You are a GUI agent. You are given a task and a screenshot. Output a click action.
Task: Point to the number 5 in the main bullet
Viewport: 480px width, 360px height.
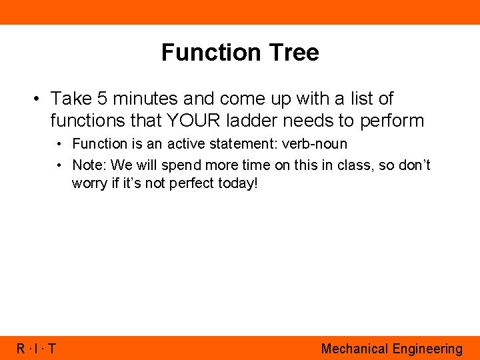pos(101,99)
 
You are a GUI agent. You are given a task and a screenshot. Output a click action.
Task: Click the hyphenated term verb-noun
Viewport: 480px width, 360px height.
pos(317,144)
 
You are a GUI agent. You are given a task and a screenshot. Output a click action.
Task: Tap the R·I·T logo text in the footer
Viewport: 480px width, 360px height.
pos(37,349)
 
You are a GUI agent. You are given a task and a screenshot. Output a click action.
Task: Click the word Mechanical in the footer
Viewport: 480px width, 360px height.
pos(354,349)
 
